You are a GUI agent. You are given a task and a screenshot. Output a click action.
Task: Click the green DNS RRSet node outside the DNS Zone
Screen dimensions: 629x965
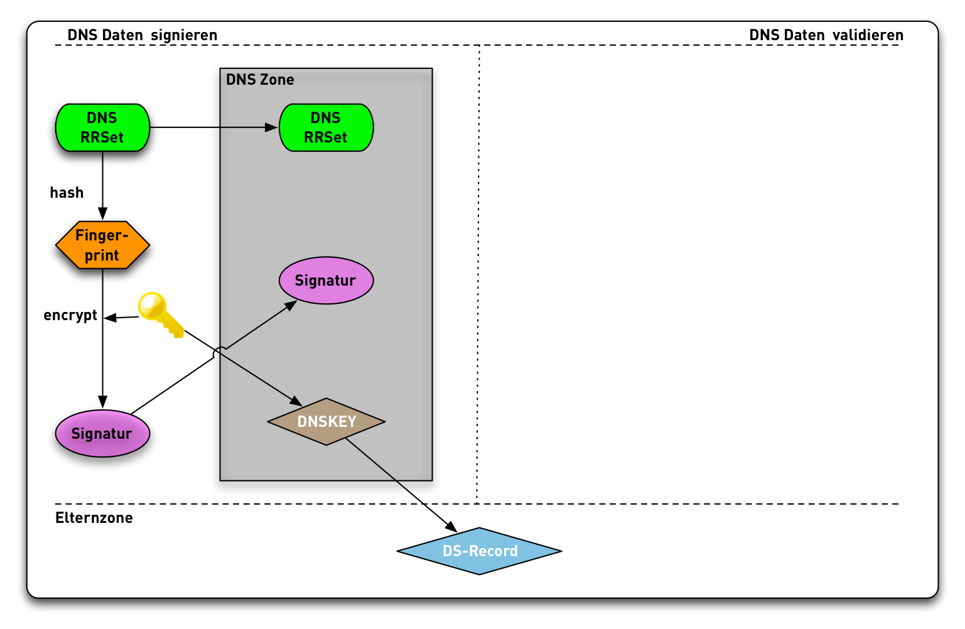tap(102, 127)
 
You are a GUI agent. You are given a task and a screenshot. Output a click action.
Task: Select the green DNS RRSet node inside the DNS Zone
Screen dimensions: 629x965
tap(326, 127)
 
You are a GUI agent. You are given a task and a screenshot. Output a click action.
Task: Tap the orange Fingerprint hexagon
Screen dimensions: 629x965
tap(102, 245)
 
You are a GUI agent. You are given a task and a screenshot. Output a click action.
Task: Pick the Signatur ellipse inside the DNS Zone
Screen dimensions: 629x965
tap(326, 281)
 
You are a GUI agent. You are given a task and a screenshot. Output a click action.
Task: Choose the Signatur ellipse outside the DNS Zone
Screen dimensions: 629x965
tap(102, 433)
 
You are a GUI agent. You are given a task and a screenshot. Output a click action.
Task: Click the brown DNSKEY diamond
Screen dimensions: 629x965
tap(326, 421)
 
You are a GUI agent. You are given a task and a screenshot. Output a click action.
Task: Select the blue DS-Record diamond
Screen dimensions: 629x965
tap(479, 551)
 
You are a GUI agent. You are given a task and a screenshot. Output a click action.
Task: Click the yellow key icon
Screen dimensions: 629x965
tap(160, 313)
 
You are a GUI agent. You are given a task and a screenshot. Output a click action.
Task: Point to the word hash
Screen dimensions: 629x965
tap(67, 193)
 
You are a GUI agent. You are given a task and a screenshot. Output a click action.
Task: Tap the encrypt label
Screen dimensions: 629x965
tap(70, 315)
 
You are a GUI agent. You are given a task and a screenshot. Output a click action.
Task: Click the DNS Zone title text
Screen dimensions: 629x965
tap(260, 80)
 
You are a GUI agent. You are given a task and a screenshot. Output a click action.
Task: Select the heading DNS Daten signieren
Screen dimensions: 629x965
tap(143, 35)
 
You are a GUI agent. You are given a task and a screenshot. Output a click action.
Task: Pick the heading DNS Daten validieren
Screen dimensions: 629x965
tap(826, 35)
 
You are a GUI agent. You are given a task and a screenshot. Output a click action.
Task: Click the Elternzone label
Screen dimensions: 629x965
tap(94, 518)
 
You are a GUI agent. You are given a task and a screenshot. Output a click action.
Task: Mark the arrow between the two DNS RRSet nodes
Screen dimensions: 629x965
tap(213, 127)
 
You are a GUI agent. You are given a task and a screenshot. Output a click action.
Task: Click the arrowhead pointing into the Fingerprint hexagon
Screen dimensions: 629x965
tap(102, 214)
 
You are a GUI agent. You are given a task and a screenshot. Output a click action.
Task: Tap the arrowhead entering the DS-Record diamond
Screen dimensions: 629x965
tap(450, 527)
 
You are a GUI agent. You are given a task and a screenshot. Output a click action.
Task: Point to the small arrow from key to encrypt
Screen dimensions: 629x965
tap(122, 318)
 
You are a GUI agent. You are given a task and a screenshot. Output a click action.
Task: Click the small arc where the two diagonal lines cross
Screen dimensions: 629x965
tap(219, 352)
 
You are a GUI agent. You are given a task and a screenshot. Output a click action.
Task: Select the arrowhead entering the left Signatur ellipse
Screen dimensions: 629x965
tap(102, 402)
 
